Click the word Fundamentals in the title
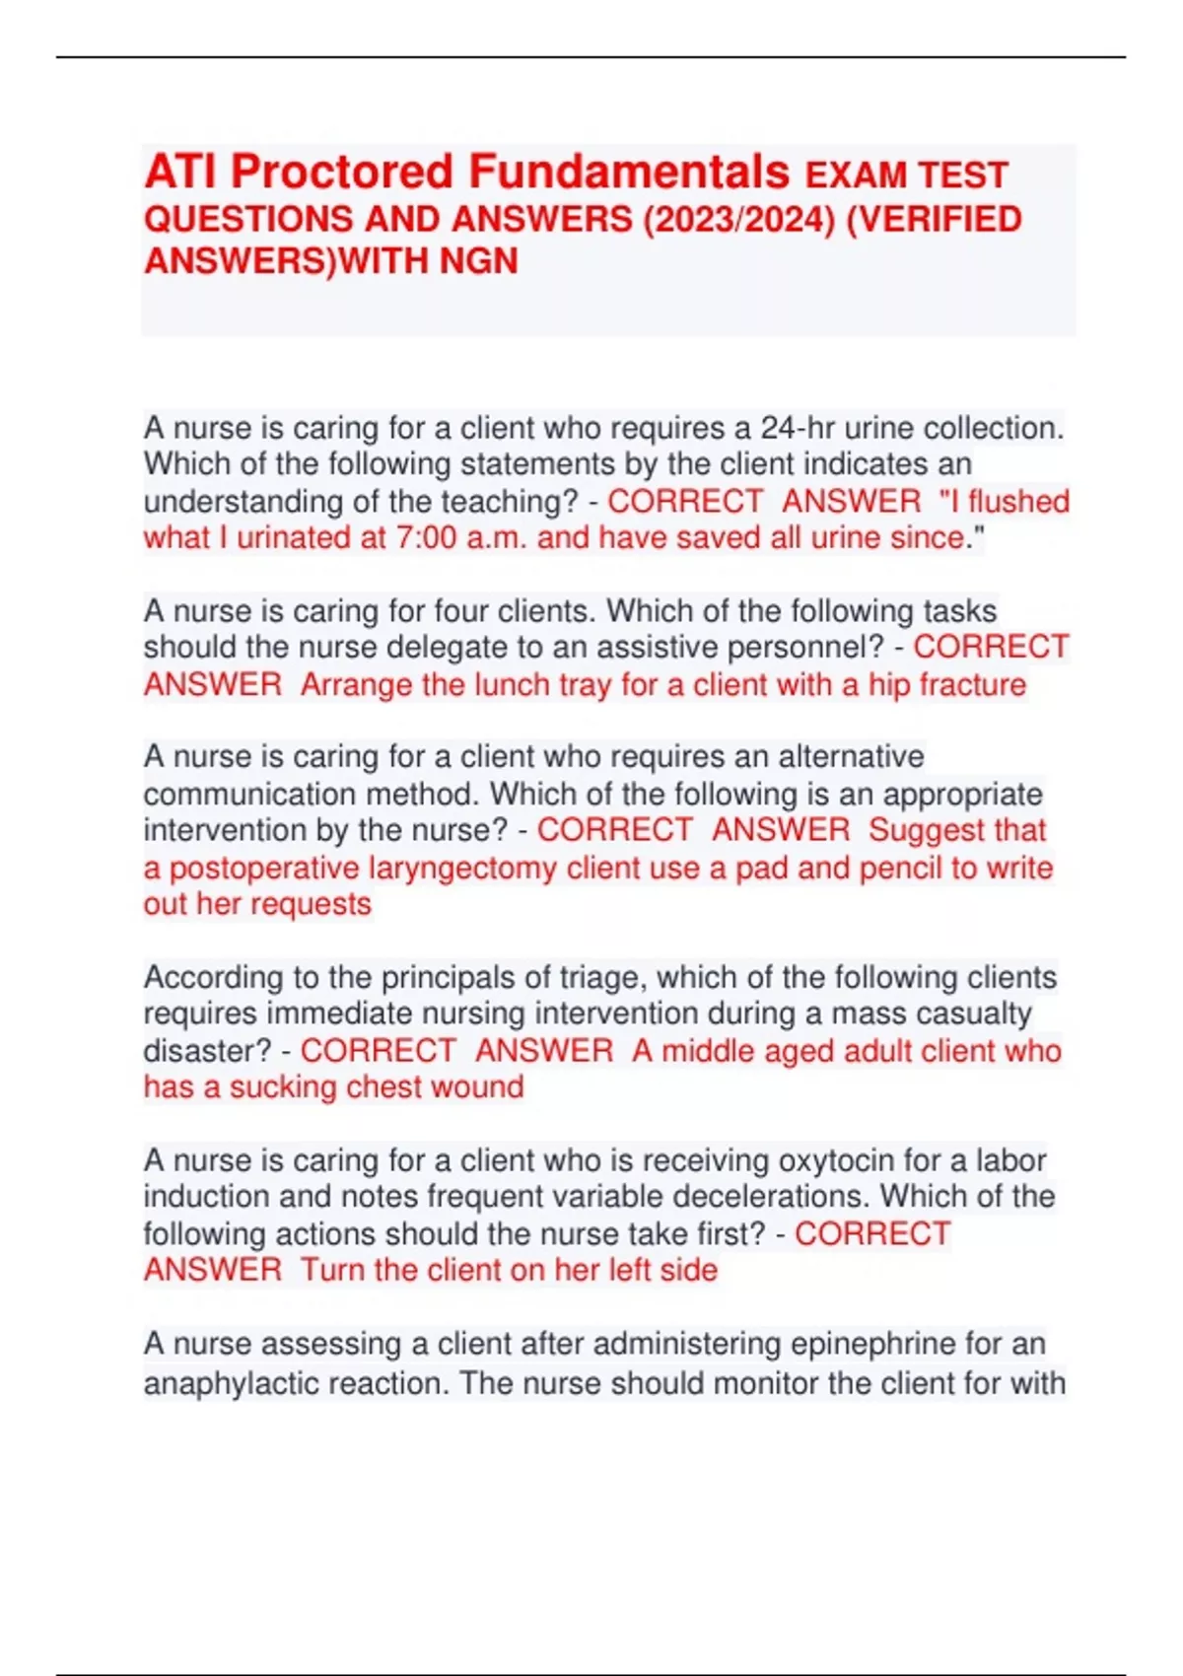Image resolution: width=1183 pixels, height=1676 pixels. pos(629,172)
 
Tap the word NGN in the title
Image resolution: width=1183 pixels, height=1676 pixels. pos(478,261)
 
